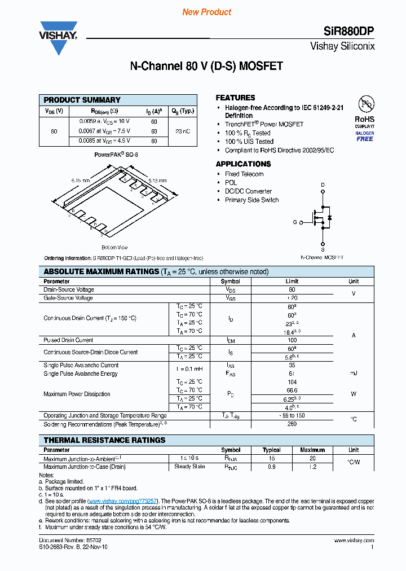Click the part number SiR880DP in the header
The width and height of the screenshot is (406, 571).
[348, 32]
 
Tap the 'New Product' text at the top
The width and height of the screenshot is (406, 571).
[207, 12]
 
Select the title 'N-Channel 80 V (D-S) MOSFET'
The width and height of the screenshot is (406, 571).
[206, 66]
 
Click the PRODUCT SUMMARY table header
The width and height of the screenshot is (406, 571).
[82, 100]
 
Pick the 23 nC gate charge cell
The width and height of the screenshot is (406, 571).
[183, 131]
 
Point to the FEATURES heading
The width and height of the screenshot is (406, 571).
[235, 98]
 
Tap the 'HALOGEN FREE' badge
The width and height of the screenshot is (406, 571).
[365, 136]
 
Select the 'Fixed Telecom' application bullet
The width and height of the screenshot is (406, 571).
[244, 174]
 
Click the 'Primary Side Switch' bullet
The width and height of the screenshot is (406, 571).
[251, 200]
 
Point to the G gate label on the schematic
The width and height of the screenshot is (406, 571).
[294, 222]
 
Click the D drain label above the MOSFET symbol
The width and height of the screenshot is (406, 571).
[323, 185]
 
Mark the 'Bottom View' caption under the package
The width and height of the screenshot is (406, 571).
[114, 248]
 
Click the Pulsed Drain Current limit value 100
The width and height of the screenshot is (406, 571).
[292, 340]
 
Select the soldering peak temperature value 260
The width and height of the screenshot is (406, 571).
[292, 424]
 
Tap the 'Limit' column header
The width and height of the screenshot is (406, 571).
[292, 281]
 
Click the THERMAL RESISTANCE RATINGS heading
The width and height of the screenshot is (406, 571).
[104, 440]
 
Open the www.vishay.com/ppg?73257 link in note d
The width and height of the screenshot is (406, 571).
[123, 501]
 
